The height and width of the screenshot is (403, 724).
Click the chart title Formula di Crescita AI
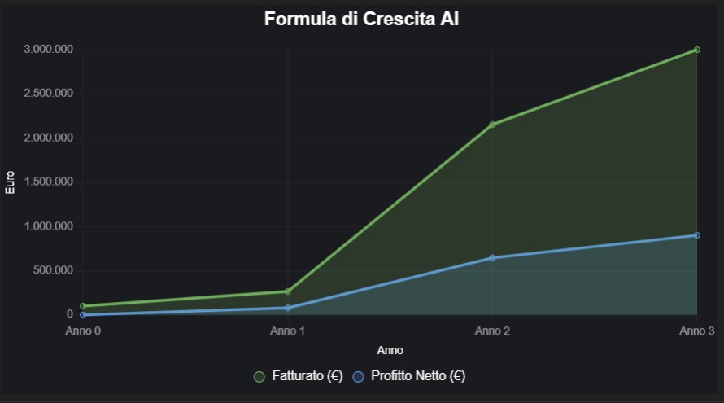361,20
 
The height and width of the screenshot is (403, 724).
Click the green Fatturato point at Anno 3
697,50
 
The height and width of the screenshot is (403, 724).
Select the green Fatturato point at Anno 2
492,125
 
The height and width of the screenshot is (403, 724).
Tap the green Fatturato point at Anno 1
288,291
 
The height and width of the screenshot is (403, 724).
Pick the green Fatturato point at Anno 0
83,306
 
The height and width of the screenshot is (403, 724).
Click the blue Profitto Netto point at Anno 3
697,235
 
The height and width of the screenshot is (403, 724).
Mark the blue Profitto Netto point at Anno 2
492,258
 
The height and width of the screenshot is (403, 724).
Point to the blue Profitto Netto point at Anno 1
288,308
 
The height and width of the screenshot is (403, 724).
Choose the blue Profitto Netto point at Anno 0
83,314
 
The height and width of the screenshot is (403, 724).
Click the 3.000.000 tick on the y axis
49,50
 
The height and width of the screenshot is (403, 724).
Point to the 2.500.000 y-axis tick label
49,94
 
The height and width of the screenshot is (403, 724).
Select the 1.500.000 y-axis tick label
49,182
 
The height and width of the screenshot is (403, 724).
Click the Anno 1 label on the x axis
288,331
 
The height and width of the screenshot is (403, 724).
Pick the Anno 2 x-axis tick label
492,331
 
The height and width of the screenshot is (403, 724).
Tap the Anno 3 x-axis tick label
696,331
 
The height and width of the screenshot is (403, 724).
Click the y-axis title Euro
11,182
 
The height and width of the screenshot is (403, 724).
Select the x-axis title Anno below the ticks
390,351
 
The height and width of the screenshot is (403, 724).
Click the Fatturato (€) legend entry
298,376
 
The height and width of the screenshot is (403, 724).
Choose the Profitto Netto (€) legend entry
408,376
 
